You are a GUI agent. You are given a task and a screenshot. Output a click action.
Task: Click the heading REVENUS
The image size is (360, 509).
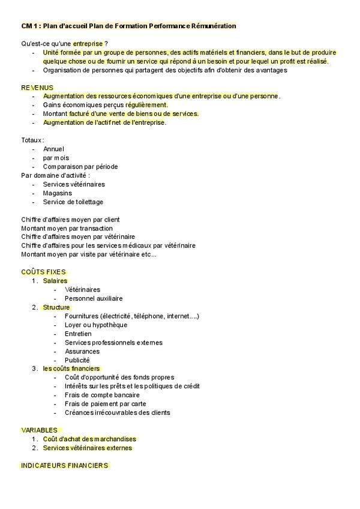(x=37, y=87)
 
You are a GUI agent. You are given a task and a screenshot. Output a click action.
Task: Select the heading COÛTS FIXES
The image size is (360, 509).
(x=43, y=272)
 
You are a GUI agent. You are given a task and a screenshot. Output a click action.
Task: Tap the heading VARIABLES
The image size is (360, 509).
(x=39, y=430)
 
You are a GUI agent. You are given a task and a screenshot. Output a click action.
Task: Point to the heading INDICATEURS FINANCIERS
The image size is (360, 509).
(x=64, y=465)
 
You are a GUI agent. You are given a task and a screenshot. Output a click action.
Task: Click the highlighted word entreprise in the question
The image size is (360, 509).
(x=88, y=44)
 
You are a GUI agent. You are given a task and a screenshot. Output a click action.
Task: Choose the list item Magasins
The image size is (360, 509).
(x=58, y=193)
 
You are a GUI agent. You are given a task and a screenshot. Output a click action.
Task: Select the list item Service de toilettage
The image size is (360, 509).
(x=73, y=202)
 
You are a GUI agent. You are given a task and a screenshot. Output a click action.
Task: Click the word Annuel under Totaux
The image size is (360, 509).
(x=54, y=149)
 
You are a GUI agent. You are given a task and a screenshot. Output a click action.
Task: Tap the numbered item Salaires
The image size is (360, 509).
(x=55, y=281)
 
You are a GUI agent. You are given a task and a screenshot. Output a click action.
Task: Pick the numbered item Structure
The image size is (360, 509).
(x=56, y=307)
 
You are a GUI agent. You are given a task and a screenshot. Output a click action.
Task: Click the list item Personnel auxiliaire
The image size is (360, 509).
(x=94, y=298)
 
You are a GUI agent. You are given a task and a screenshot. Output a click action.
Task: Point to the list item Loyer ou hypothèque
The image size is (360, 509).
(x=96, y=325)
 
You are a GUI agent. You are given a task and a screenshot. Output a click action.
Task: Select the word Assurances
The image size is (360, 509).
(x=82, y=351)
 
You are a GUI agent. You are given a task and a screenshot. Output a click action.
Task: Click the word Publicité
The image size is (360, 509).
(x=77, y=360)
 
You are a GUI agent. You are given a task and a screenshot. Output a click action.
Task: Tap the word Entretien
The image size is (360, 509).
(x=79, y=334)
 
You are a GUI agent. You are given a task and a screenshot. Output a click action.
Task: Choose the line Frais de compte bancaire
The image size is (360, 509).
(x=102, y=395)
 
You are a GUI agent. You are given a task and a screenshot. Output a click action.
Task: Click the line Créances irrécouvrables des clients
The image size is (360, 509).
(x=118, y=412)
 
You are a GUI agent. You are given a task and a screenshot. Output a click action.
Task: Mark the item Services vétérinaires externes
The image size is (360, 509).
(x=88, y=448)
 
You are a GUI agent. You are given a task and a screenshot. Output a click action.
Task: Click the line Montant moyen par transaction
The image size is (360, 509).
(x=67, y=228)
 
